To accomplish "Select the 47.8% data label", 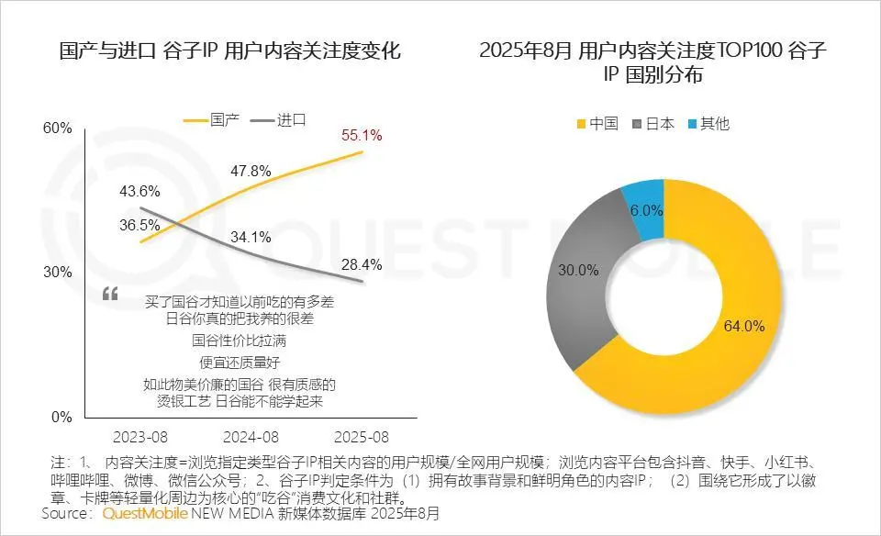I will tap(250, 171).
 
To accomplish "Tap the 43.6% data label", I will tap(139, 192).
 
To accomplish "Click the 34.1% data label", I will tap(250, 236).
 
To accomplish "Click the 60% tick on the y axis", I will tap(57, 128).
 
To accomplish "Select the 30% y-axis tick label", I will tap(57, 273).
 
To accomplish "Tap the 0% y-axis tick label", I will tap(61, 417).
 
